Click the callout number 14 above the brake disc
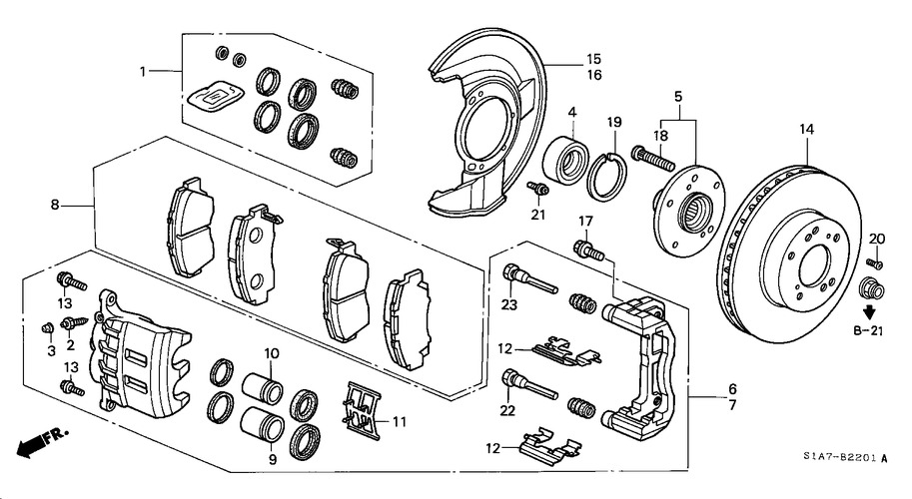(x=806, y=129)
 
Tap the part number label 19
(x=614, y=122)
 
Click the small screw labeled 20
(x=874, y=262)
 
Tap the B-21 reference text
(x=868, y=331)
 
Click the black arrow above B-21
(x=869, y=312)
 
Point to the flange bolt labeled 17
(x=589, y=249)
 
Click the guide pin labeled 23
(x=529, y=278)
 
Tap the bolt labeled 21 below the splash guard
(x=538, y=189)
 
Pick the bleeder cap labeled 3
(x=48, y=329)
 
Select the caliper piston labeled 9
(x=262, y=424)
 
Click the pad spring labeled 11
(x=362, y=408)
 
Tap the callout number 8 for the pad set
(x=55, y=205)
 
